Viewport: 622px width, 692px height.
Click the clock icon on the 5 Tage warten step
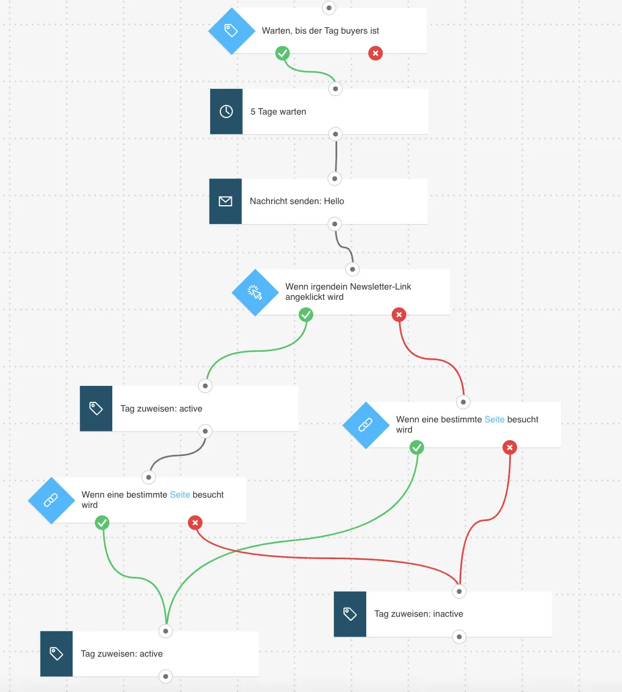pos(226,111)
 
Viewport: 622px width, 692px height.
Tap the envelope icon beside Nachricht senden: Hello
pos(226,201)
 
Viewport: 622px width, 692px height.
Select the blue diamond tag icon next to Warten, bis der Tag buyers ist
pos(232,31)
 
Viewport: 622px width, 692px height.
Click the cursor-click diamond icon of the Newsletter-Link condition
pos(255,292)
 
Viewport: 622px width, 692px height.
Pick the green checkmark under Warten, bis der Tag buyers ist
pos(283,54)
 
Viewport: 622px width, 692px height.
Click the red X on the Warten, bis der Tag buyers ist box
pos(375,54)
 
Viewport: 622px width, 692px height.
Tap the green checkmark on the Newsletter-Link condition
pos(306,315)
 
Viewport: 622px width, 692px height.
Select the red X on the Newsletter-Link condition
pos(399,315)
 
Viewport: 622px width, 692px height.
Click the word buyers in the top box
pos(354,31)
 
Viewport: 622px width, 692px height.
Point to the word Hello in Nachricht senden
pos(334,201)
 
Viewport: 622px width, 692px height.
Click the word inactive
pos(448,614)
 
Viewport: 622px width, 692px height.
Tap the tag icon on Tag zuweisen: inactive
pos(350,614)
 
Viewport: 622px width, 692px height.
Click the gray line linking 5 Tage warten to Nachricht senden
pos(336,156)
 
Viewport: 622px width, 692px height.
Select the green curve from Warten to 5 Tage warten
pos(308,71)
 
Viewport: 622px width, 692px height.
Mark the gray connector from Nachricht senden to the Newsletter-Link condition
pos(343,247)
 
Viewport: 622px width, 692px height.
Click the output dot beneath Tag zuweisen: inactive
pos(459,637)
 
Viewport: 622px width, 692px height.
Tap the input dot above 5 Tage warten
pos(335,89)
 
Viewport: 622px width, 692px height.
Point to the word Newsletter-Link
pos(380,287)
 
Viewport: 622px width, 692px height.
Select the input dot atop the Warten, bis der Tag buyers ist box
pos(329,8)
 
